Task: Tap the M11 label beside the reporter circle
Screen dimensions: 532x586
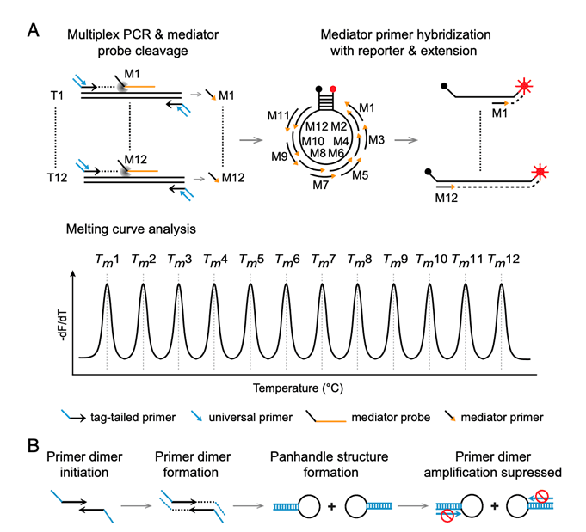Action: coord(278,114)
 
